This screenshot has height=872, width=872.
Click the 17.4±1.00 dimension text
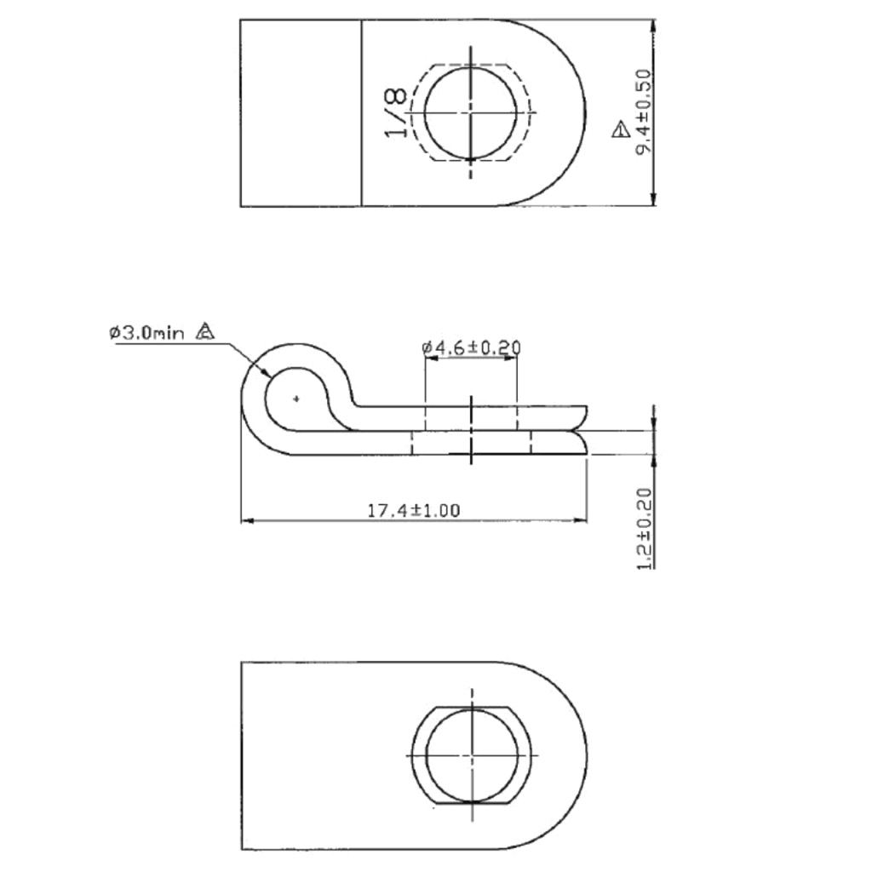(413, 511)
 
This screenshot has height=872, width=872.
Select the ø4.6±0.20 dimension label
(471, 347)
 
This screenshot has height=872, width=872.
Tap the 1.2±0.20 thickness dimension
(645, 528)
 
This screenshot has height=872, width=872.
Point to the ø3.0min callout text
(146, 333)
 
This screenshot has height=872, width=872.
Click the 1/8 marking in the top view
(395, 113)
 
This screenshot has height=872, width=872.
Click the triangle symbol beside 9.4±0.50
(620, 130)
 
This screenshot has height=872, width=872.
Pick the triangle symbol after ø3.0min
(204, 332)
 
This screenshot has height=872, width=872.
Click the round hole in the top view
(470, 112)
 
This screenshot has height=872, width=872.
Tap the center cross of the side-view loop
(295, 398)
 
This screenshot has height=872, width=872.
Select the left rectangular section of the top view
(301, 112)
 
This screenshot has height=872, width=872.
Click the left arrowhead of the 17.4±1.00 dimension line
(248, 519)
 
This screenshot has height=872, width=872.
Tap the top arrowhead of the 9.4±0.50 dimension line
(653, 26)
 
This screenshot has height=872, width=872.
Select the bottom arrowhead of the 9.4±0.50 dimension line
(653, 200)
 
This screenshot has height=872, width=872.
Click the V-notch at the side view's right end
(579, 430)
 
